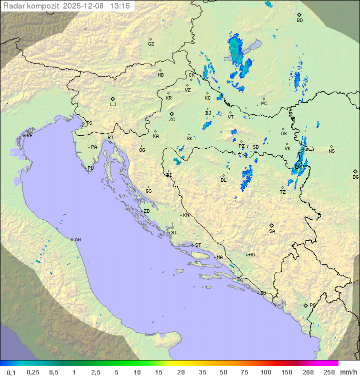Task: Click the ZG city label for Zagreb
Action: (172, 120)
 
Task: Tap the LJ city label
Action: (113, 105)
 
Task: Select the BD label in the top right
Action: (299, 21)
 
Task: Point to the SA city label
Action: (272, 231)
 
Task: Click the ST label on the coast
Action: (198, 245)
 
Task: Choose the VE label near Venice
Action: (29, 136)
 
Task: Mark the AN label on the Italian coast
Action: (77, 240)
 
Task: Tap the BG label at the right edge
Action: (355, 177)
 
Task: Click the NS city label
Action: (331, 151)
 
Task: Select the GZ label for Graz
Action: (151, 44)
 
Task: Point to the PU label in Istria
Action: (90, 168)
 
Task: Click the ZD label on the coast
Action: (146, 211)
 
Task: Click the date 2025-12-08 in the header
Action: (85, 6)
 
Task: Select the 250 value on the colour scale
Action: (329, 372)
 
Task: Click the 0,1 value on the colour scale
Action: (11, 372)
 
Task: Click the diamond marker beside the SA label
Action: (272, 225)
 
